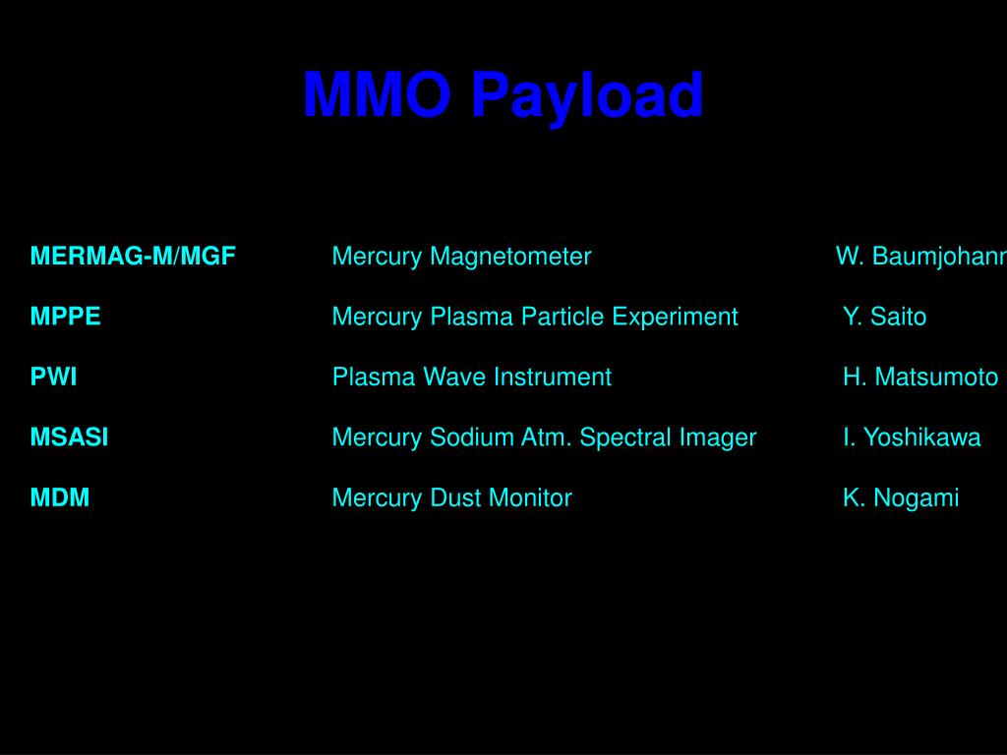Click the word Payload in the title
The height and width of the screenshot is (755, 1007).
click(587, 96)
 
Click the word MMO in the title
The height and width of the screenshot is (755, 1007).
click(377, 96)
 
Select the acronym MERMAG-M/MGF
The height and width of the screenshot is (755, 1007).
click(133, 257)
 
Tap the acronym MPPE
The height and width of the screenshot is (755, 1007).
click(65, 317)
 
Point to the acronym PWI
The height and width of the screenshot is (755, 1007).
click(53, 377)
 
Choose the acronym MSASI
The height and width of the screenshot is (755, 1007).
click(69, 437)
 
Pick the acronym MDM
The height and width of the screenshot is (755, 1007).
click(59, 497)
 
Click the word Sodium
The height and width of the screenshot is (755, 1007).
click(464, 437)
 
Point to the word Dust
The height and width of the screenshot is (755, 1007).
click(452, 497)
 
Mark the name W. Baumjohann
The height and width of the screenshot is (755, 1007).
click(920, 257)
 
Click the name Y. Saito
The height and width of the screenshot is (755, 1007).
click(884, 317)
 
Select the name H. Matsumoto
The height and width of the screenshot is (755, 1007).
click(919, 377)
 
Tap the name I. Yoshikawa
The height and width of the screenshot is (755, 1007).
click(911, 437)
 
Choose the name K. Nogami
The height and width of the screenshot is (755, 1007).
click(900, 497)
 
